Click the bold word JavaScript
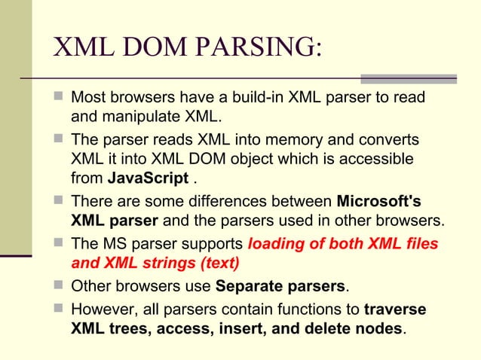point(148,179)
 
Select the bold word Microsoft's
point(378,203)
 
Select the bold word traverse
point(394,310)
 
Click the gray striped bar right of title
point(409,78)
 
